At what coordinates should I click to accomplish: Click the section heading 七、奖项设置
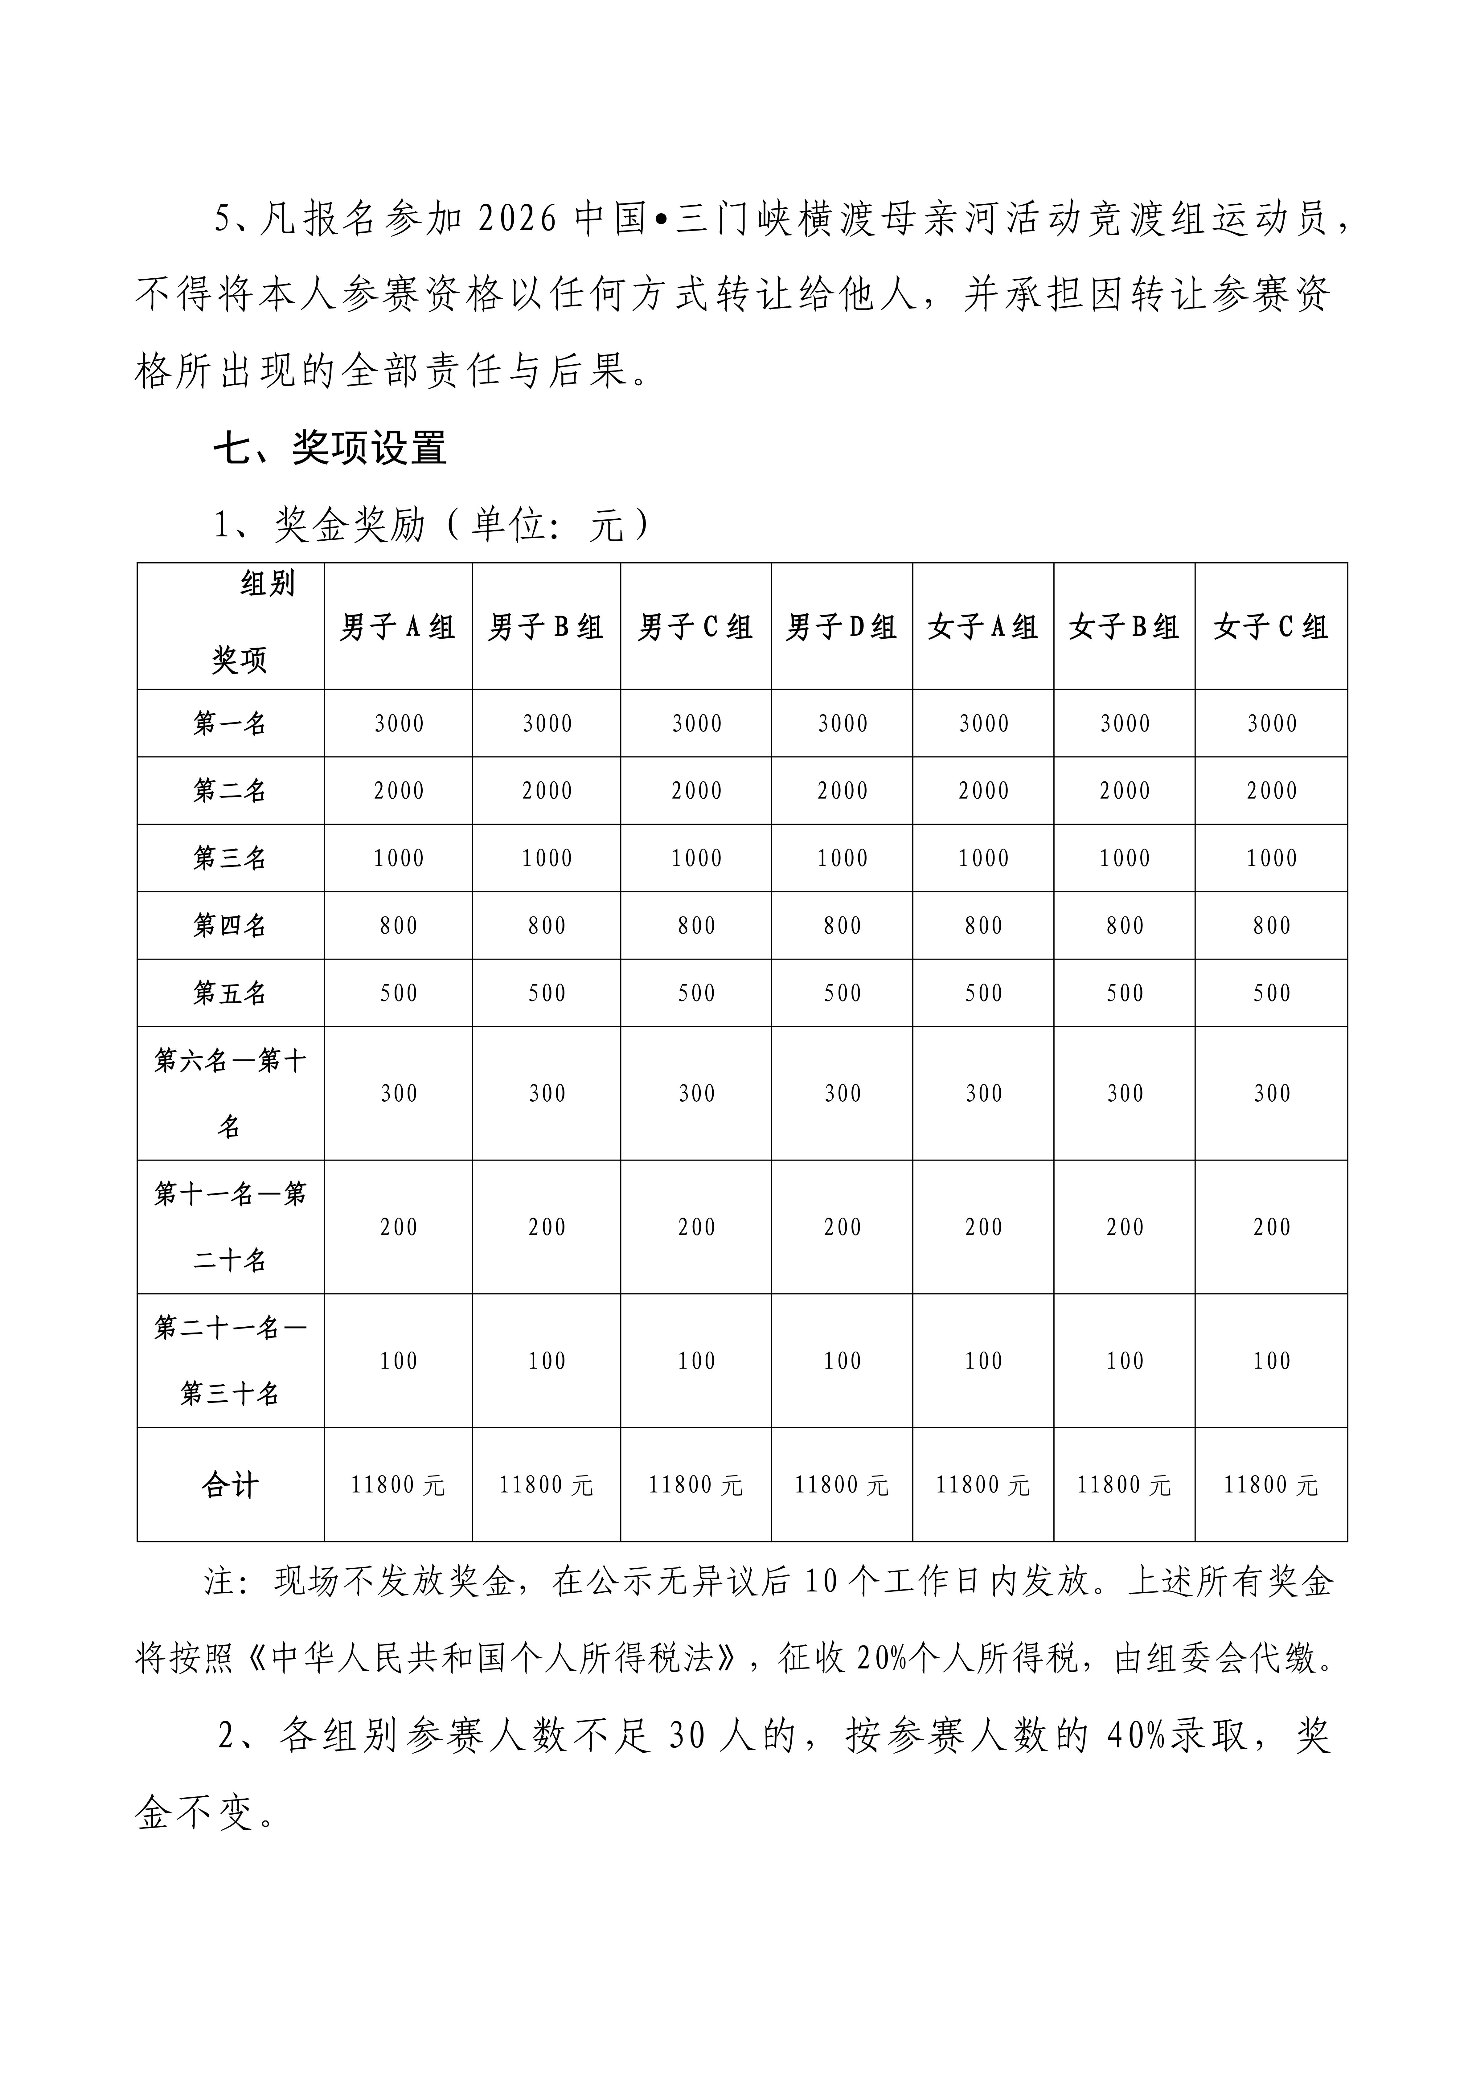(330, 448)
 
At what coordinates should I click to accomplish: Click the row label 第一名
(230, 723)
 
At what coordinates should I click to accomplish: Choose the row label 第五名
(230, 993)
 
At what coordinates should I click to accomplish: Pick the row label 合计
(230, 1486)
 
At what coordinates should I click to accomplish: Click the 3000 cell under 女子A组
(983, 723)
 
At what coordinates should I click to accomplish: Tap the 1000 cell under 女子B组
(1124, 858)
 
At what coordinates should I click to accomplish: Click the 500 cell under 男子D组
(842, 993)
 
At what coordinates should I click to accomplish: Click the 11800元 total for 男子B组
(546, 1486)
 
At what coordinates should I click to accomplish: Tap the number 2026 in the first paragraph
(515, 220)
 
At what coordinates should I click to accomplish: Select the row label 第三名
(230, 858)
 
